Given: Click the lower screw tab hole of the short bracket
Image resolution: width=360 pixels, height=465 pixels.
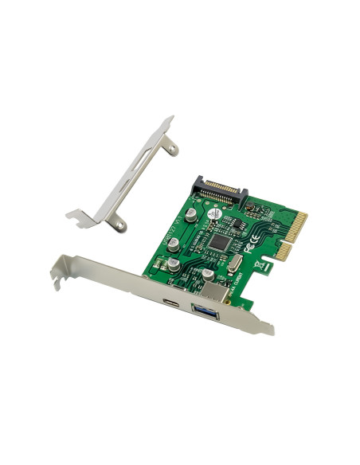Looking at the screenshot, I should pyautogui.click(x=120, y=226).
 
